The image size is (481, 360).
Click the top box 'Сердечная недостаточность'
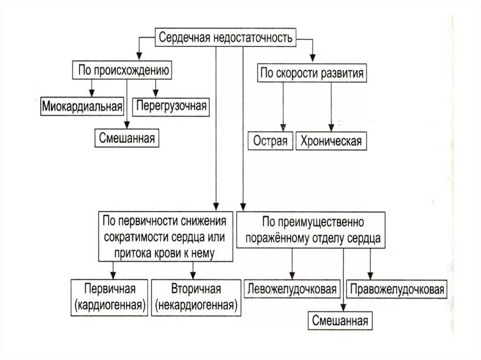point(226,38)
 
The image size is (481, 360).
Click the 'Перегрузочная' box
point(171,106)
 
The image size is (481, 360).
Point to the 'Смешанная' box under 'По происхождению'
point(127,138)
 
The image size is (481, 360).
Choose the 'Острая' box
point(270,141)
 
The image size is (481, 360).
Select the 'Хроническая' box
point(331,141)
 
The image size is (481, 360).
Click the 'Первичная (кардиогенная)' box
point(110,297)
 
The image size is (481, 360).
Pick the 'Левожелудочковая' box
point(292,289)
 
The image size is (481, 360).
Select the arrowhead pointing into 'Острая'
point(283,128)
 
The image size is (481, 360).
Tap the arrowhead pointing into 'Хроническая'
point(331,128)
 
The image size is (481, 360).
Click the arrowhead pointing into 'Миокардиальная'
point(92,92)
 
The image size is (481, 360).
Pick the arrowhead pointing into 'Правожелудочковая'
point(370,276)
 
